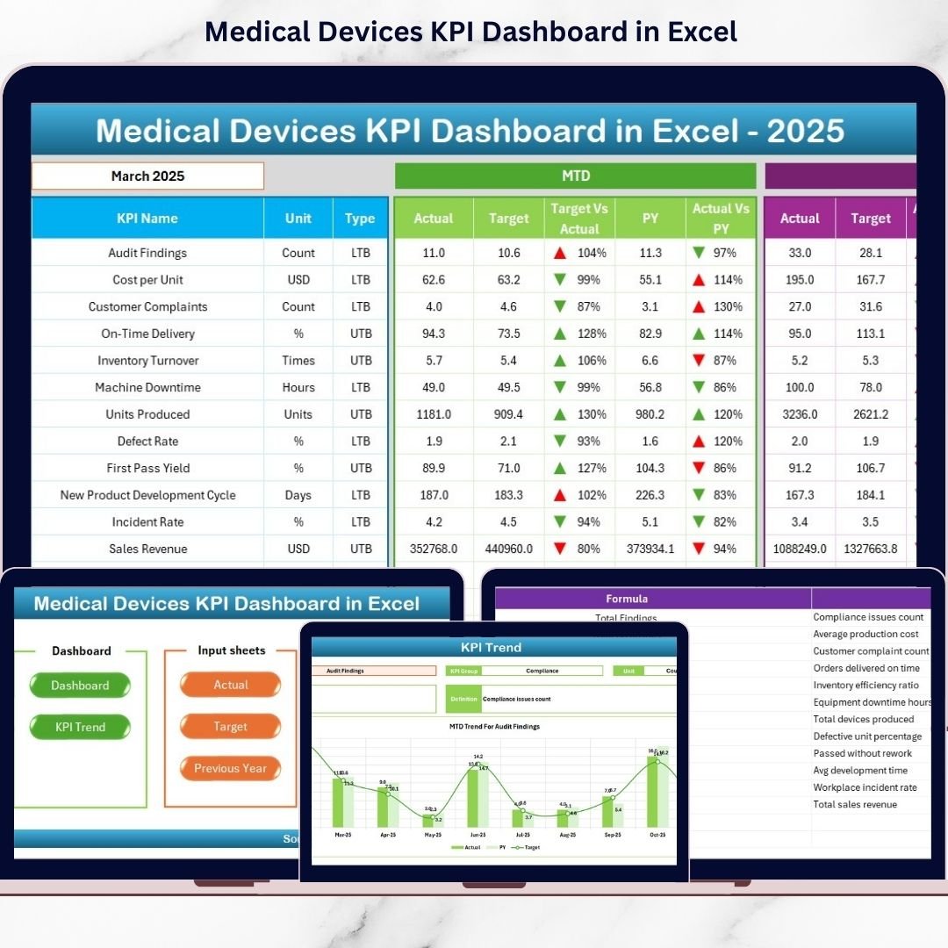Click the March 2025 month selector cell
tap(147, 176)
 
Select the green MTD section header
tap(575, 176)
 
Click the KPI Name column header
tap(147, 219)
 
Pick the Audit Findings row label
tap(147, 253)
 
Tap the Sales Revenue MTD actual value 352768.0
tap(434, 549)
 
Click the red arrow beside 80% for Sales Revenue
tap(559, 549)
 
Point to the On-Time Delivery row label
tap(147, 334)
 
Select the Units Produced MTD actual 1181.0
tap(434, 414)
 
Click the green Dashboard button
tap(80, 686)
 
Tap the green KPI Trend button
tap(80, 727)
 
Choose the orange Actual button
tap(231, 685)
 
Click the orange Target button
tap(231, 727)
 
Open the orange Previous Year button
tap(231, 768)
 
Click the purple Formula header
tap(627, 599)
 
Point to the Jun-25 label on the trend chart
tap(478, 835)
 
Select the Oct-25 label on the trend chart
tap(657, 835)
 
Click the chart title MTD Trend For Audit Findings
tap(494, 727)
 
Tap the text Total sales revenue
tap(855, 804)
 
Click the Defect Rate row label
tap(147, 441)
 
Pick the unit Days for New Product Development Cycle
tap(298, 495)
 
